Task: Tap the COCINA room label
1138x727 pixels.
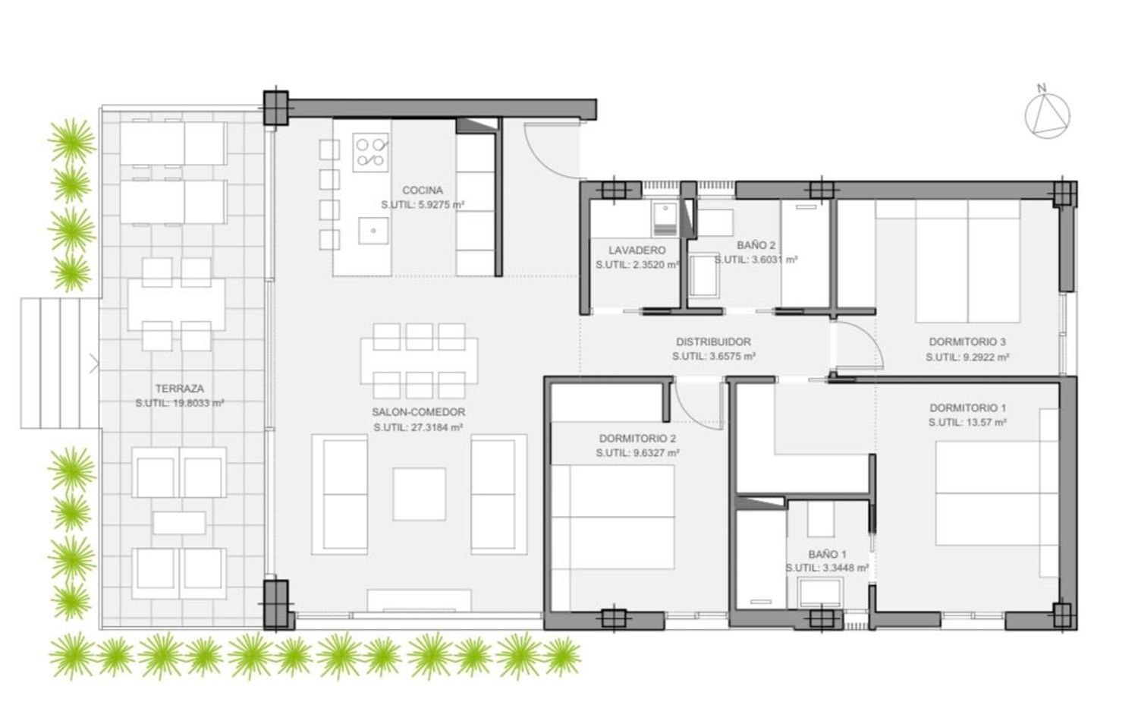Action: [x=422, y=190]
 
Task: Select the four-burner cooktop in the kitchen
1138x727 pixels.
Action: [x=370, y=153]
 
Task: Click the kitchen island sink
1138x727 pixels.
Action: [x=373, y=231]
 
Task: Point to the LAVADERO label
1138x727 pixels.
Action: [x=637, y=250]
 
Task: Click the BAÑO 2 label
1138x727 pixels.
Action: [x=756, y=245]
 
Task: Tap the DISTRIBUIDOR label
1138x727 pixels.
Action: [x=713, y=342]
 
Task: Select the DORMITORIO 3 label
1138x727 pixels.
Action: [x=967, y=342]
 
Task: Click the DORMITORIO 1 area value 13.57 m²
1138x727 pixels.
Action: [x=967, y=423]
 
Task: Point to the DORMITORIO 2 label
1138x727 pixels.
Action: [x=637, y=439]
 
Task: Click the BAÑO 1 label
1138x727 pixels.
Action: [x=827, y=554]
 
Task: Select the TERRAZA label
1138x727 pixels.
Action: [x=179, y=389]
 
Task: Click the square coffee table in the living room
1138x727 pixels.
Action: [x=419, y=494]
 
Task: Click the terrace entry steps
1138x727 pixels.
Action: [x=60, y=363]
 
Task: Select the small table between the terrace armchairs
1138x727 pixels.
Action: [x=179, y=523]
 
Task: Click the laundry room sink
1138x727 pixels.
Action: [x=664, y=219]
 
